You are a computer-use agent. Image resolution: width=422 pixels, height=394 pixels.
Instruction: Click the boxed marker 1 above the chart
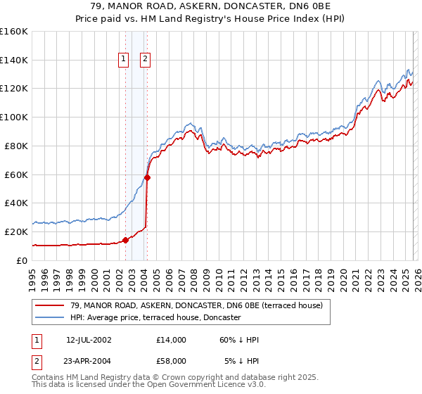tap(123, 60)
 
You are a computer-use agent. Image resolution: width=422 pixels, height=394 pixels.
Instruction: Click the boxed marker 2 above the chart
tap(146, 60)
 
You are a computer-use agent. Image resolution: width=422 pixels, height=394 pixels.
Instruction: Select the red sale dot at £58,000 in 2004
tap(148, 177)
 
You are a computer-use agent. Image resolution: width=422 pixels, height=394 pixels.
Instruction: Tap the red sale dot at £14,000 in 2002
tap(125, 240)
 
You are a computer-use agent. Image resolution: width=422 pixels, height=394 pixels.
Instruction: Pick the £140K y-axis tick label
tap(14, 60)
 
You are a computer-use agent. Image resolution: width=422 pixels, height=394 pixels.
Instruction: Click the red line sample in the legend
tap(50, 305)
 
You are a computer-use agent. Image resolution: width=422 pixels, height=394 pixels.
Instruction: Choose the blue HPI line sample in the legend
tap(50, 318)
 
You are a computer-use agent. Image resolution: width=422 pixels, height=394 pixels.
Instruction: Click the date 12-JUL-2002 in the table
tap(89, 340)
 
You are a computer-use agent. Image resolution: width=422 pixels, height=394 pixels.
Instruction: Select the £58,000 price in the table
tap(172, 360)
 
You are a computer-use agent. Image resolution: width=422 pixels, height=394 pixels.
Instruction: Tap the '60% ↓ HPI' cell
tap(239, 340)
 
